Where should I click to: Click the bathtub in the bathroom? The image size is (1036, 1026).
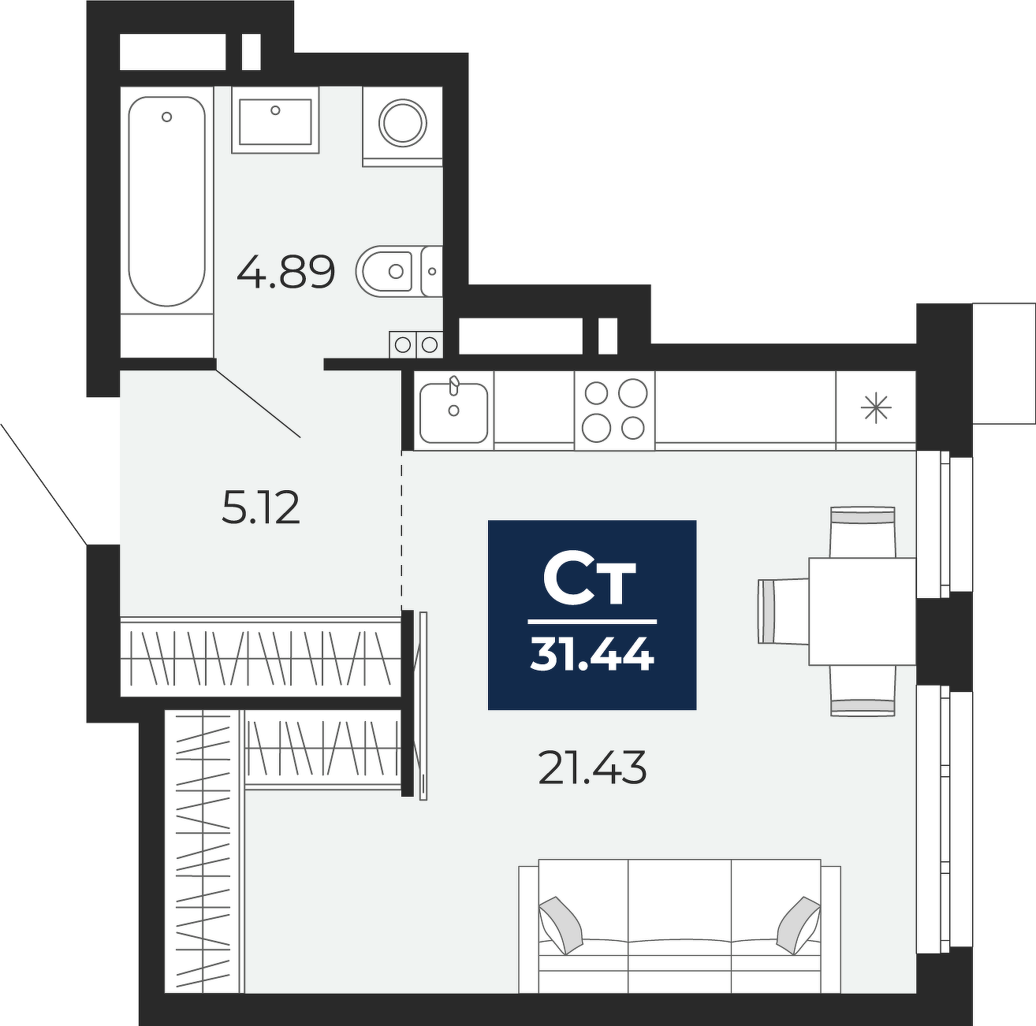click(x=166, y=201)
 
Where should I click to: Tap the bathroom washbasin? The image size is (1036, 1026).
click(x=275, y=122)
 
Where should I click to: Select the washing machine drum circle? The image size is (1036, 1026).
click(x=403, y=123)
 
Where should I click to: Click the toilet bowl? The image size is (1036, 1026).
click(x=385, y=271)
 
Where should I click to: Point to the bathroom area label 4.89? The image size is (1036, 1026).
click(x=286, y=271)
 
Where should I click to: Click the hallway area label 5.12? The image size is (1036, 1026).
click(x=261, y=508)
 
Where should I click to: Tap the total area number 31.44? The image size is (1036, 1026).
click(x=592, y=655)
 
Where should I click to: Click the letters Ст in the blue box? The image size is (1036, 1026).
click(x=590, y=581)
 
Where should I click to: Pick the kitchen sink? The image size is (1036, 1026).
click(x=454, y=412)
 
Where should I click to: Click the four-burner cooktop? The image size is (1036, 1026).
click(x=614, y=410)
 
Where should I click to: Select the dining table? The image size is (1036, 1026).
click(x=863, y=611)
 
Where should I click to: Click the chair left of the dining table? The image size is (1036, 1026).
click(x=784, y=611)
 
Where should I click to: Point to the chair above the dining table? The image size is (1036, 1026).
click(x=863, y=532)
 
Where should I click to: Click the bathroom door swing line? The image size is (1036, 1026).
click(x=258, y=402)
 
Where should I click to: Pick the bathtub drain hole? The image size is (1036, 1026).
click(x=166, y=117)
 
